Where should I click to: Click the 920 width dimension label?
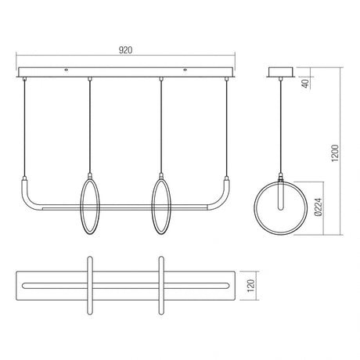point(125,50)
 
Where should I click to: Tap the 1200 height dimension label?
point(335,153)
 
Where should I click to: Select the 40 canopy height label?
point(305,83)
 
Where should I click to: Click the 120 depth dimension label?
point(250,286)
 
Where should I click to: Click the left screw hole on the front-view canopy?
point(67,70)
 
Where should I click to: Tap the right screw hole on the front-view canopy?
point(185,70)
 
